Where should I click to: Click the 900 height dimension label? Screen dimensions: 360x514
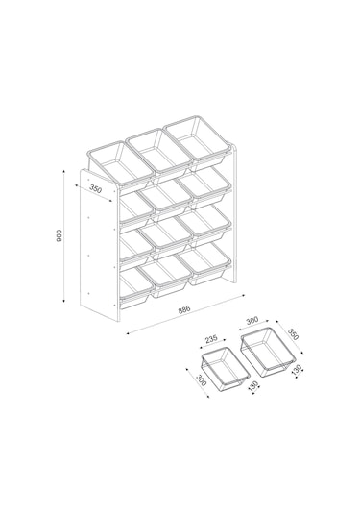point(60,235)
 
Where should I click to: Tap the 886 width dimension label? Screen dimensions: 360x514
point(184,310)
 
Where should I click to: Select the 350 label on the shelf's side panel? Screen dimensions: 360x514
point(96,189)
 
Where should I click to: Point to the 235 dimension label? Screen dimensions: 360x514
point(211,339)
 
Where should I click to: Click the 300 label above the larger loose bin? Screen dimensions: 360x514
point(252,320)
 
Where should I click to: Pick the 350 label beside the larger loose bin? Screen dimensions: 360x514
point(294,334)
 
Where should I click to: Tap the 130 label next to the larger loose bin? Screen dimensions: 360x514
point(296,370)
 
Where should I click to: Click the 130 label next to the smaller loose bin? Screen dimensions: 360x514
point(253,386)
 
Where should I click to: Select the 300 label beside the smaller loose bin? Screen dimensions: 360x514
point(201,379)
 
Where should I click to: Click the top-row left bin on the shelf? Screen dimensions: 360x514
point(120,165)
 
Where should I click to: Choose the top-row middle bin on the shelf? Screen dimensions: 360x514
point(159,153)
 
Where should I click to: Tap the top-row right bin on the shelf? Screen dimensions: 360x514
point(197,139)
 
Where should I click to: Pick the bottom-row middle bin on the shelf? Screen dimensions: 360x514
point(166,276)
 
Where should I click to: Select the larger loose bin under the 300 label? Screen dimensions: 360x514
point(268,352)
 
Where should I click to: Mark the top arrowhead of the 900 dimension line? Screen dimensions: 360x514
point(64,171)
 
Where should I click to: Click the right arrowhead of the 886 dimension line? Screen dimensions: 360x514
point(243,296)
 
